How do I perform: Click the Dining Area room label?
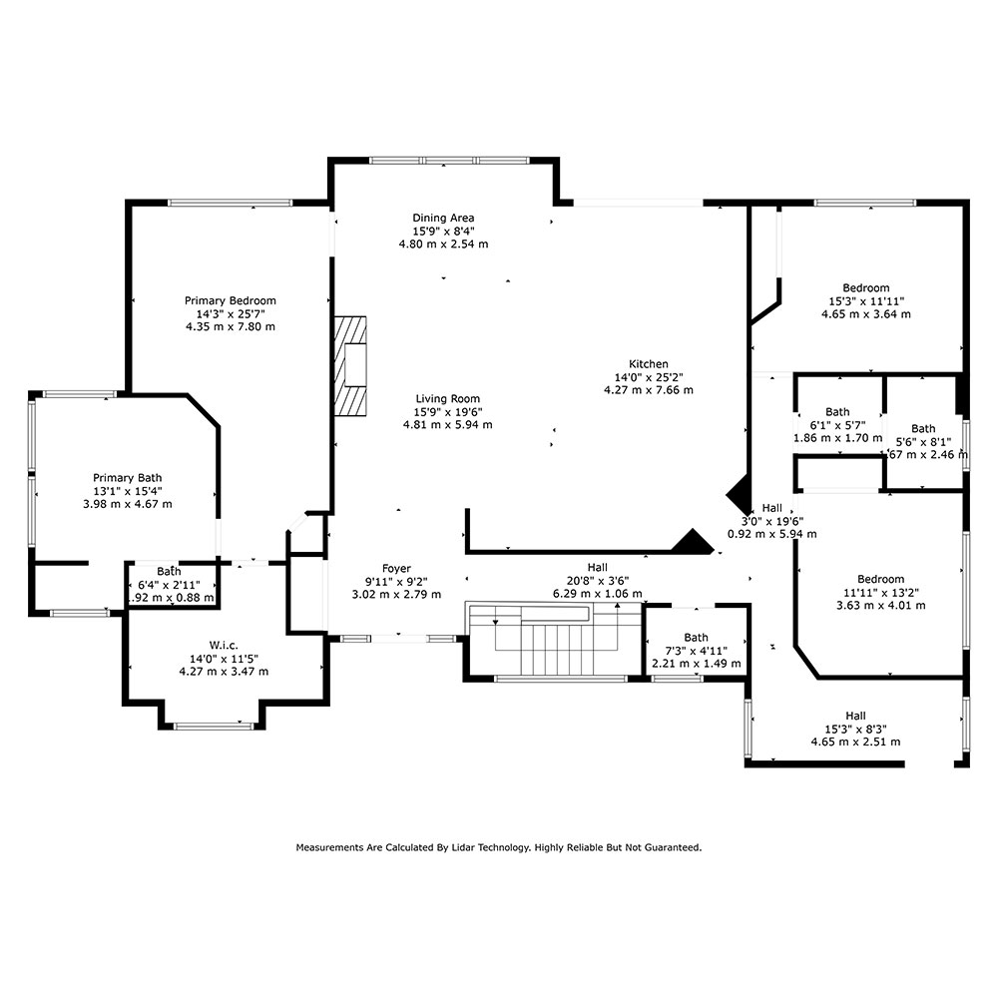click(443, 218)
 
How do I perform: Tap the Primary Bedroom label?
click(231, 300)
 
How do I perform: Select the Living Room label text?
click(447, 399)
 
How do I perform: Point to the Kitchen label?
click(649, 364)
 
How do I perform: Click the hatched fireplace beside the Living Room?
click(350, 366)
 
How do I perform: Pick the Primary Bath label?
click(128, 478)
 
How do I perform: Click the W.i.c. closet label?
click(224, 646)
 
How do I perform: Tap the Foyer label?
click(396, 569)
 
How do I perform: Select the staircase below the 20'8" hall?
click(555, 639)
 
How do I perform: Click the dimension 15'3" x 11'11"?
click(866, 301)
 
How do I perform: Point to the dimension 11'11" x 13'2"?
click(881, 592)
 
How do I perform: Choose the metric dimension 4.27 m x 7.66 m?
click(649, 390)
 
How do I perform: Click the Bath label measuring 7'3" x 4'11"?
click(697, 637)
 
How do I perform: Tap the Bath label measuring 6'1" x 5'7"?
click(837, 412)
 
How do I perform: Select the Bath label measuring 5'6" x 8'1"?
click(923, 428)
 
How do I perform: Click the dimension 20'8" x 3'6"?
click(598, 581)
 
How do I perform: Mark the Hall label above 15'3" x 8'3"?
click(856, 716)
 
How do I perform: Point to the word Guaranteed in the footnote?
click(673, 847)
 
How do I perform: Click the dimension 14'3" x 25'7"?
click(231, 313)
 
